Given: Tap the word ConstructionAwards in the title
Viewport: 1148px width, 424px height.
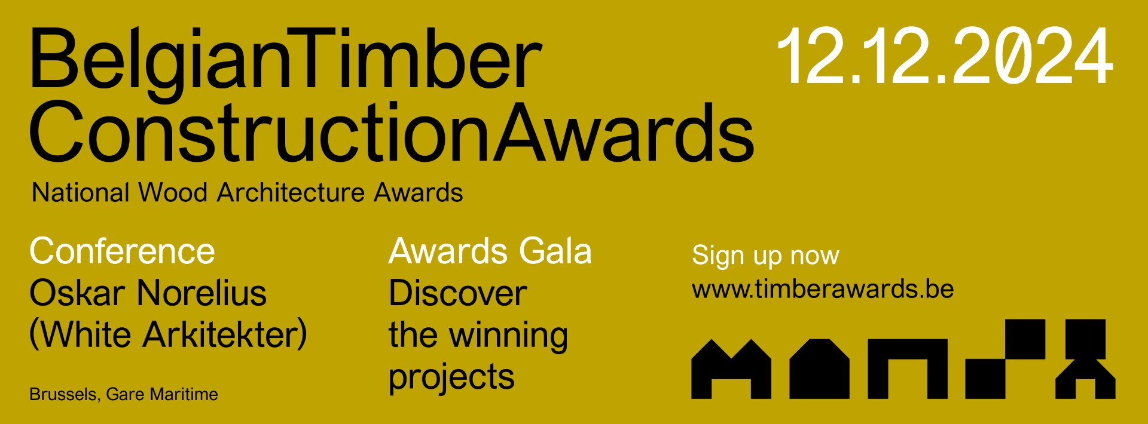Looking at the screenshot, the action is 392,132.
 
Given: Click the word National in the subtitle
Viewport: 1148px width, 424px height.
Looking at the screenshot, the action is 81,193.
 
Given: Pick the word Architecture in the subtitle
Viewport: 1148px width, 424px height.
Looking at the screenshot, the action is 291,193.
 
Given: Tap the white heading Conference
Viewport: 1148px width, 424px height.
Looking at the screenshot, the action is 122,251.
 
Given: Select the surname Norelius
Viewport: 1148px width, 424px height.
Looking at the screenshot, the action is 201,293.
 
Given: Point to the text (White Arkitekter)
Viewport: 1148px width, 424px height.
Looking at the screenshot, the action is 168,334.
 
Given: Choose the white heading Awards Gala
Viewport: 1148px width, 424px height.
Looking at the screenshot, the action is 490,251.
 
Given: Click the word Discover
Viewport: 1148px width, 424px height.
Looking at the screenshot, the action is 458,293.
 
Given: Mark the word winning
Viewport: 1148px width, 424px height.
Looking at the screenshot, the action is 509,336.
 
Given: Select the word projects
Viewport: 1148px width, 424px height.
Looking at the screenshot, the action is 451,378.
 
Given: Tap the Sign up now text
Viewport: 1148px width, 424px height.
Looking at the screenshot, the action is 765,256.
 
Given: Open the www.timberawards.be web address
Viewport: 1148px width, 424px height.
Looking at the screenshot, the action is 823,289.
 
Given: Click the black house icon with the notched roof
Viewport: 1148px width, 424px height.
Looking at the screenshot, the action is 731,369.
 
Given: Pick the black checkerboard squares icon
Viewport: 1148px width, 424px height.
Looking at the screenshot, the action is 1006,359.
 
